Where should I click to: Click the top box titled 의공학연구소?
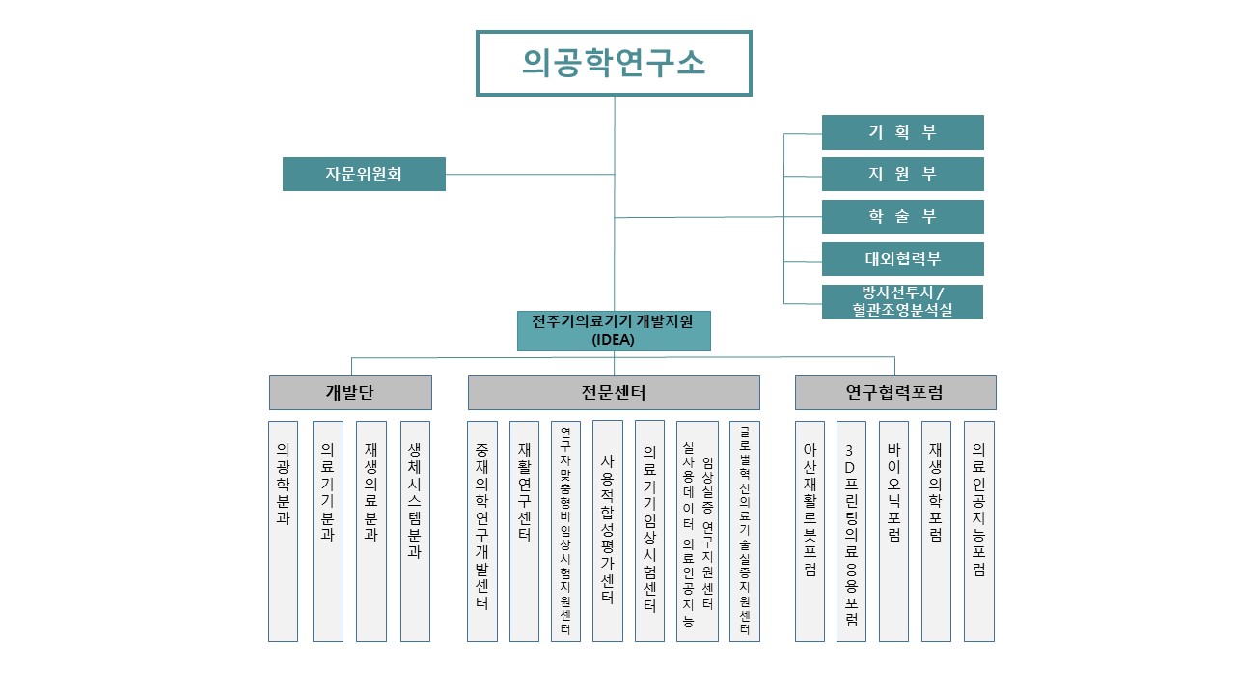(614, 63)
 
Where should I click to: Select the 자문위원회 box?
(364, 175)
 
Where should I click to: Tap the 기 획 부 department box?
(902, 132)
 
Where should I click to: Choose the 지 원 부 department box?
(902, 175)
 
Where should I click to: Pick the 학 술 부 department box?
(902, 217)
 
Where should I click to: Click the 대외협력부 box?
(902, 260)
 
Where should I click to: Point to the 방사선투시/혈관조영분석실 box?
(902, 301)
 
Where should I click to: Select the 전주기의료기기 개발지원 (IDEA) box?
(614, 330)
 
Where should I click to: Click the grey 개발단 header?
(350, 393)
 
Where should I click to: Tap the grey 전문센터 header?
(614, 393)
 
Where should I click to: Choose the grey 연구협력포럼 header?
(895, 393)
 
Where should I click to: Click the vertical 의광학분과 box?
(283, 531)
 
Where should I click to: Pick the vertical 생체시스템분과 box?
(415, 531)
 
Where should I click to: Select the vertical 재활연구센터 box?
(524, 531)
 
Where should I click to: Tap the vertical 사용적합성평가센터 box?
(607, 531)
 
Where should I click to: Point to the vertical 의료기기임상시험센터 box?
(649, 531)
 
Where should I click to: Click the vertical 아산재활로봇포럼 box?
(810, 531)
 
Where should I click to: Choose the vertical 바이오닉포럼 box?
(893, 531)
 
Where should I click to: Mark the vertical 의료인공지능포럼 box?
(978, 531)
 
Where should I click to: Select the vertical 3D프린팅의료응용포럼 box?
(851, 531)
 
